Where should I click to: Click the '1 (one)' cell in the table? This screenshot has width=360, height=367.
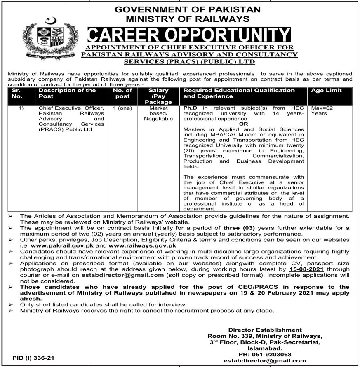[x=122, y=108]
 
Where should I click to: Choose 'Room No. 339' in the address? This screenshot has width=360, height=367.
[x=229, y=336]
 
